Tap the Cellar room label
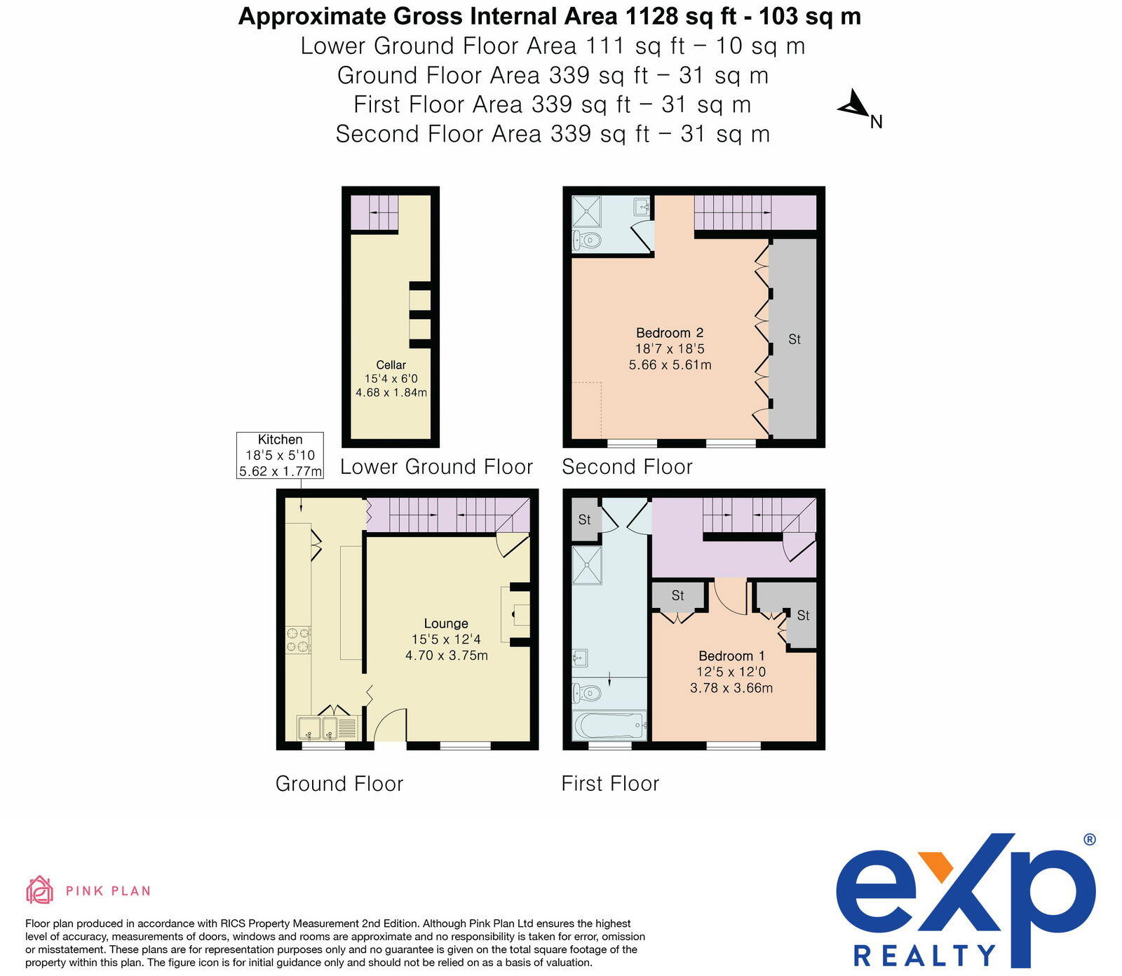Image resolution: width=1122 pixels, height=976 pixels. pyautogui.click(x=391, y=365)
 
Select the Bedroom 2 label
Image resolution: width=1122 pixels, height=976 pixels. pyautogui.click(x=670, y=333)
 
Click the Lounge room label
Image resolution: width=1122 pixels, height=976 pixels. pyautogui.click(x=446, y=623)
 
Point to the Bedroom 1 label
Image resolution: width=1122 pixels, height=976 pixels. pyautogui.click(x=731, y=656)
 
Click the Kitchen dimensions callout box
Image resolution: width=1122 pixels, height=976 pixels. pyautogui.click(x=280, y=455)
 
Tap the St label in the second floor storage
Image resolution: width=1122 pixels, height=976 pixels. pyautogui.click(x=794, y=339)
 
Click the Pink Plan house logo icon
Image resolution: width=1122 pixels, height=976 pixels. pyautogui.click(x=40, y=890)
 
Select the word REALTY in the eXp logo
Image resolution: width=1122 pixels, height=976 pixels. pyautogui.click(x=924, y=955)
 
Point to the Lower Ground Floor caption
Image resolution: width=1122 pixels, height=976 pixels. pyautogui.click(x=436, y=467)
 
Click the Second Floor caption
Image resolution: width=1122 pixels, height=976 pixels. pyautogui.click(x=627, y=467)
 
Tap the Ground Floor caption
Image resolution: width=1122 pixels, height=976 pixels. pyautogui.click(x=339, y=784)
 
